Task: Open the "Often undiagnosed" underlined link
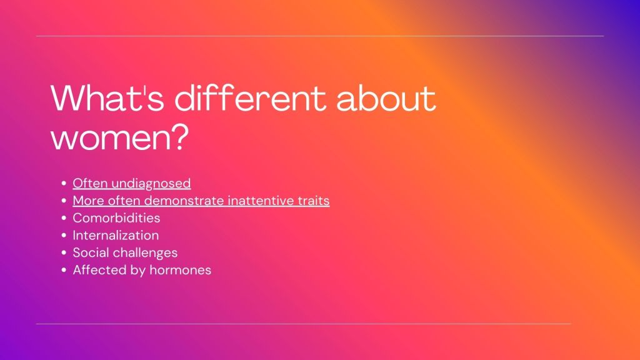(132, 183)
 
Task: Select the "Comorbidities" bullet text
(116, 218)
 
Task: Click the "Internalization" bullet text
(116, 236)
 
